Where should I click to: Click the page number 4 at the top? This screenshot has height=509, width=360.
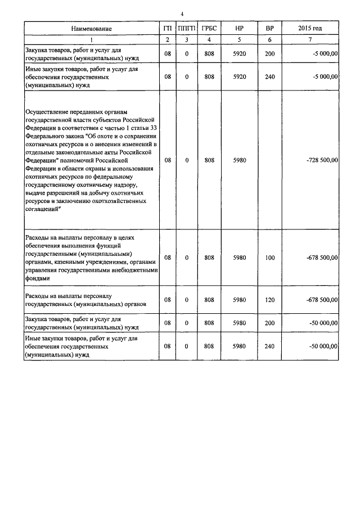(182, 14)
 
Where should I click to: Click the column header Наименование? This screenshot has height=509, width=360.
(91, 28)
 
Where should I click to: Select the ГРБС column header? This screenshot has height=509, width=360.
(209, 28)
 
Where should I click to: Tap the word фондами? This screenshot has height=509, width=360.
(38, 278)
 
